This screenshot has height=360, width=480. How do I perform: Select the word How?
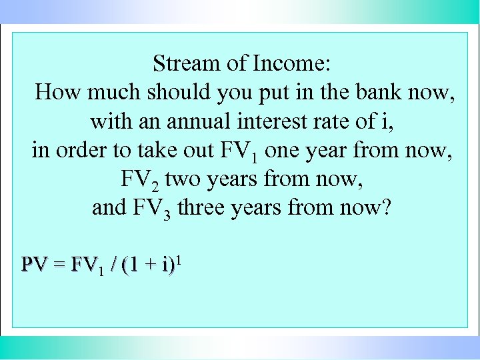tap(55, 92)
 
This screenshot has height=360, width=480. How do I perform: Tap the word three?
tap(205, 208)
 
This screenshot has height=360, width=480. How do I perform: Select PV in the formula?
tap(34, 265)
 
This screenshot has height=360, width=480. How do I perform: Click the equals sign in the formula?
tap(59, 266)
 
